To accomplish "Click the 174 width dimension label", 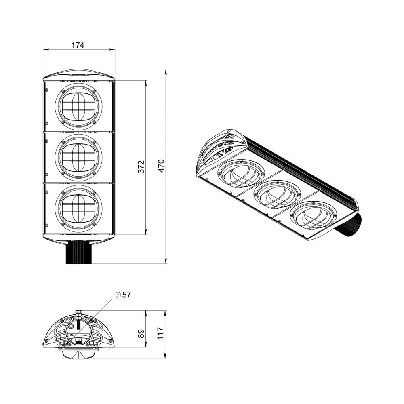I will tap(78, 45).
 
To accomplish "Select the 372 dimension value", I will tap(141, 167).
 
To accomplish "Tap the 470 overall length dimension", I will tap(161, 166).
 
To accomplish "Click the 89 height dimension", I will tap(141, 334).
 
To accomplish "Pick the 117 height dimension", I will tap(161, 333).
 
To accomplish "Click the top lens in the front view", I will tap(78, 107).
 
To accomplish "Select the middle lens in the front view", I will tap(78, 158).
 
